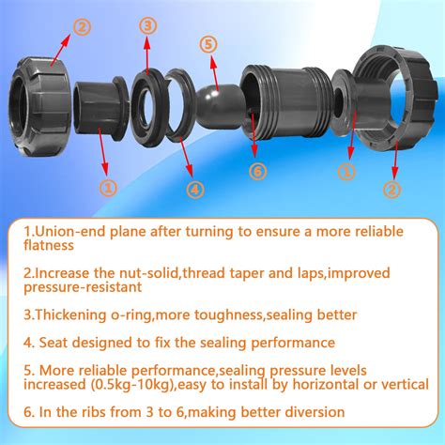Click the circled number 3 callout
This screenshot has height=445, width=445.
pos(147,26)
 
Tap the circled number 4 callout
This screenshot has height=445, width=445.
pos(195,190)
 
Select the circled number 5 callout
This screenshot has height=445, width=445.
pos(208,44)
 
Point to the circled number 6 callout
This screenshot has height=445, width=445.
pos(257,172)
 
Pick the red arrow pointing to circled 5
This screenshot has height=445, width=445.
pos(214,73)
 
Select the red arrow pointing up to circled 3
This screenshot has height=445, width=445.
pos(147,56)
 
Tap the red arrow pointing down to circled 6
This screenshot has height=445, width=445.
pos(253,135)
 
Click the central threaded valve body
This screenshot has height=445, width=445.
pos(284,101)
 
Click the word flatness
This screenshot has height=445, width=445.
pos(49,245)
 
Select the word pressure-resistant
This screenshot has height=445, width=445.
pos(83,287)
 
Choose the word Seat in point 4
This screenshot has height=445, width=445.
pos(54,343)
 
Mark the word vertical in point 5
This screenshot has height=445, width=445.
pos(405,384)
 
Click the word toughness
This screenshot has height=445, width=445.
pos(228,315)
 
